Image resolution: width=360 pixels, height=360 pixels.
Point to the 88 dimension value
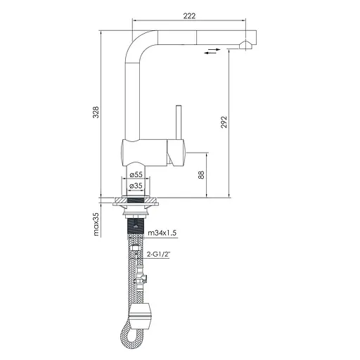[202, 175]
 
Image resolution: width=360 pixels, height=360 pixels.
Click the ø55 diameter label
[136, 174]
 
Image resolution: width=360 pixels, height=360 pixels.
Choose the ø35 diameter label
[136, 186]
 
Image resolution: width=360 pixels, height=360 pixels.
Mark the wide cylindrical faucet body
[144, 150]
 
